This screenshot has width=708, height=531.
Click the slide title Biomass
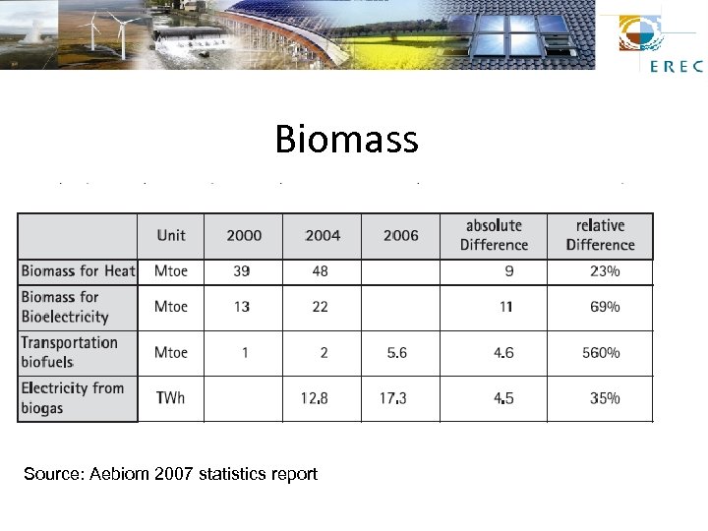click(x=346, y=139)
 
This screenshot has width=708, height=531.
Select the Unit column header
click(x=171, y=235)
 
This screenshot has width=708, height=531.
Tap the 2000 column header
click(x=244, y=235)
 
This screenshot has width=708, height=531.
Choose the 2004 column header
click(x=323, y=235)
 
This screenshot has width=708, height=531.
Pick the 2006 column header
click(x=401, y=235)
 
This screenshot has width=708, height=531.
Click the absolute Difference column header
click(x=494, y=235)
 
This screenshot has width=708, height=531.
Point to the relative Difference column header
click(x=600, y=235)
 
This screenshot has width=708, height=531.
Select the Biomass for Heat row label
click(x=78, y=270)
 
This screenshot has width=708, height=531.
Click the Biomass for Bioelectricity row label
click(x=65, y=307)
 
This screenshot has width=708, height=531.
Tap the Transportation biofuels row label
click(x=70, y=352)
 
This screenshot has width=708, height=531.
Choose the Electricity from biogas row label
click(x=73, y=398)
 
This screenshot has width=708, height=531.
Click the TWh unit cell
click(x=170, y=398)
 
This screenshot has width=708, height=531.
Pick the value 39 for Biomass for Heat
click(x=241, y=270)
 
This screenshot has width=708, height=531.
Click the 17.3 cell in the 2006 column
click(x=395, y=398)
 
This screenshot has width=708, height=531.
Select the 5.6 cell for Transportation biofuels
click(x=396, y=352)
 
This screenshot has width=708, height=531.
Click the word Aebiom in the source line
click(x=117, y=474)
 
